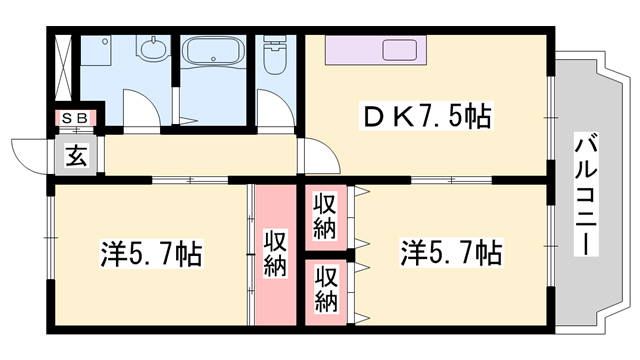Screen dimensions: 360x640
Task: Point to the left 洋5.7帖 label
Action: [x=151, y=254]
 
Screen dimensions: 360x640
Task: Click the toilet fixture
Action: [x=272, y=61]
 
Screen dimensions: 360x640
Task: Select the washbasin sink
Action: [x=154, y=50]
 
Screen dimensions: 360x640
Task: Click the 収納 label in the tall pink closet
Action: [x=276, y=253]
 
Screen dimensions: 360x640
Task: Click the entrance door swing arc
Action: [x=27, y=157]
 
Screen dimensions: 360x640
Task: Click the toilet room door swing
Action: [x=272, y=108]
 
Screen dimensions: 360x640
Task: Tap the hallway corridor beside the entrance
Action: [x=200, y=156]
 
